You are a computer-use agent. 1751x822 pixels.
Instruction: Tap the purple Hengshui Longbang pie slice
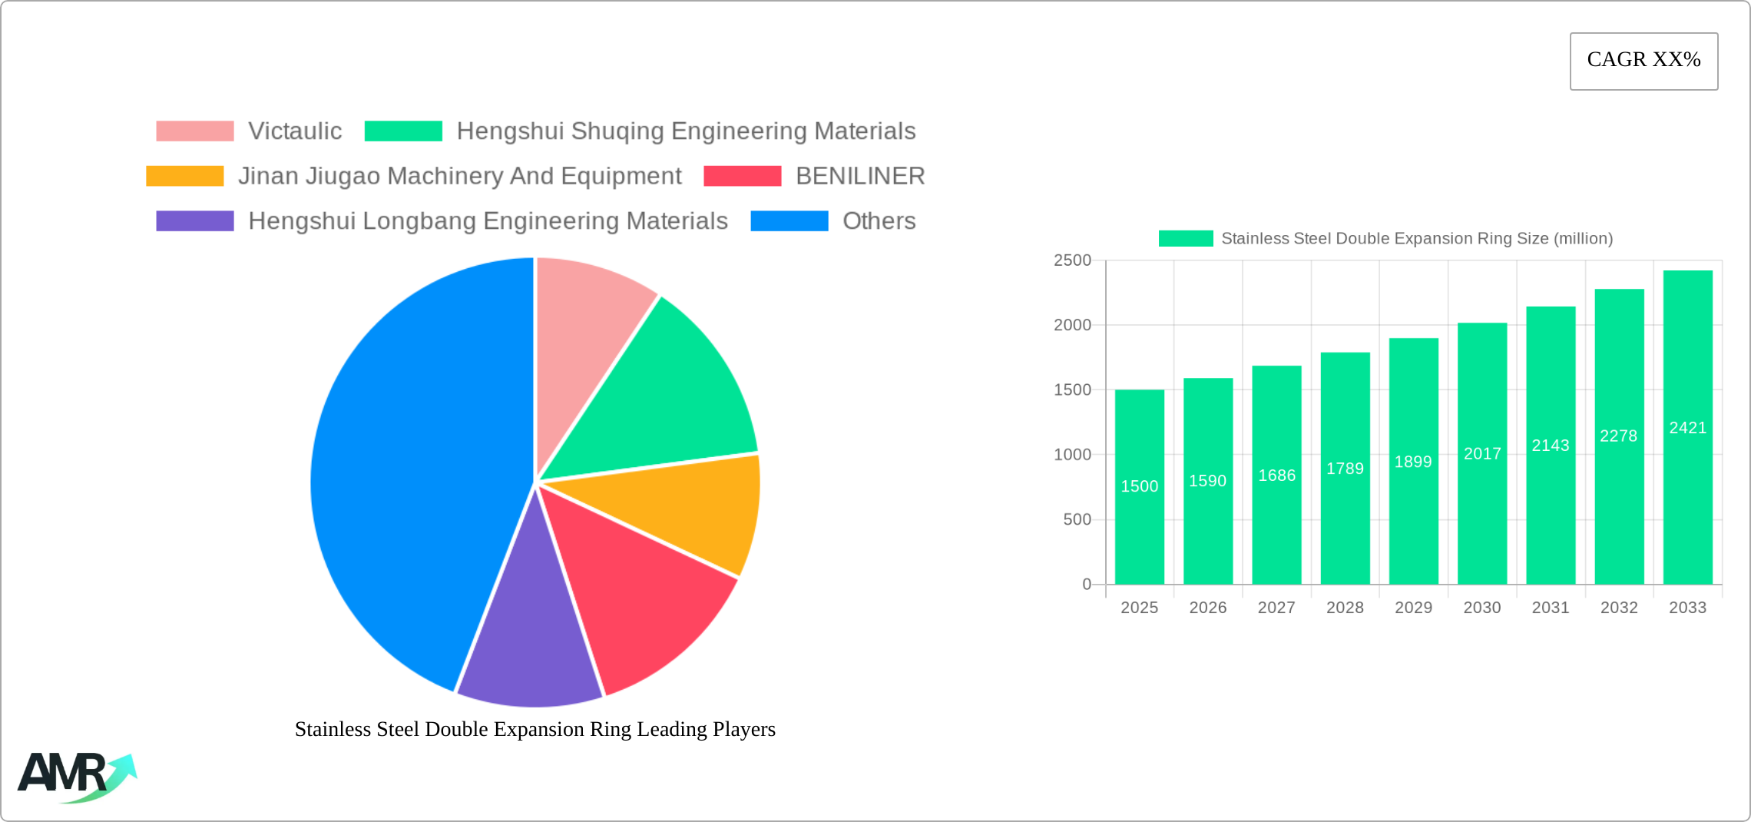point(530,645)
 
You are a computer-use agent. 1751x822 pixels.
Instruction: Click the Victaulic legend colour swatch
point(195,131)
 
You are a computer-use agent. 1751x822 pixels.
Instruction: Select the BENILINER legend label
point(860,176)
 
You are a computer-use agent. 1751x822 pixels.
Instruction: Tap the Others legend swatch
point(789,221)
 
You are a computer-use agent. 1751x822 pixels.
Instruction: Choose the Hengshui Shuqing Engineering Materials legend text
point(686,131)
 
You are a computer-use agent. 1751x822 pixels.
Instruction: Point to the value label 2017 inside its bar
point(1482,454)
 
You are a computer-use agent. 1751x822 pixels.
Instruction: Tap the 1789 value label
point(1345,469)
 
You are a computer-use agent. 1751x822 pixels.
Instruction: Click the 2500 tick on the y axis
point(1072,260)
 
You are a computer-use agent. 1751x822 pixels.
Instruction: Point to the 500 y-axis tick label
point(1077,520)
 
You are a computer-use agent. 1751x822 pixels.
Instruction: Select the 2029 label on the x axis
point(1413,608)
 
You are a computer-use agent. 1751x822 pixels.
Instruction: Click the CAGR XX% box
point(1643,61)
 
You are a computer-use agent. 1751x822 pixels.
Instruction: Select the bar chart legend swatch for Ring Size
point(1186,239)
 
